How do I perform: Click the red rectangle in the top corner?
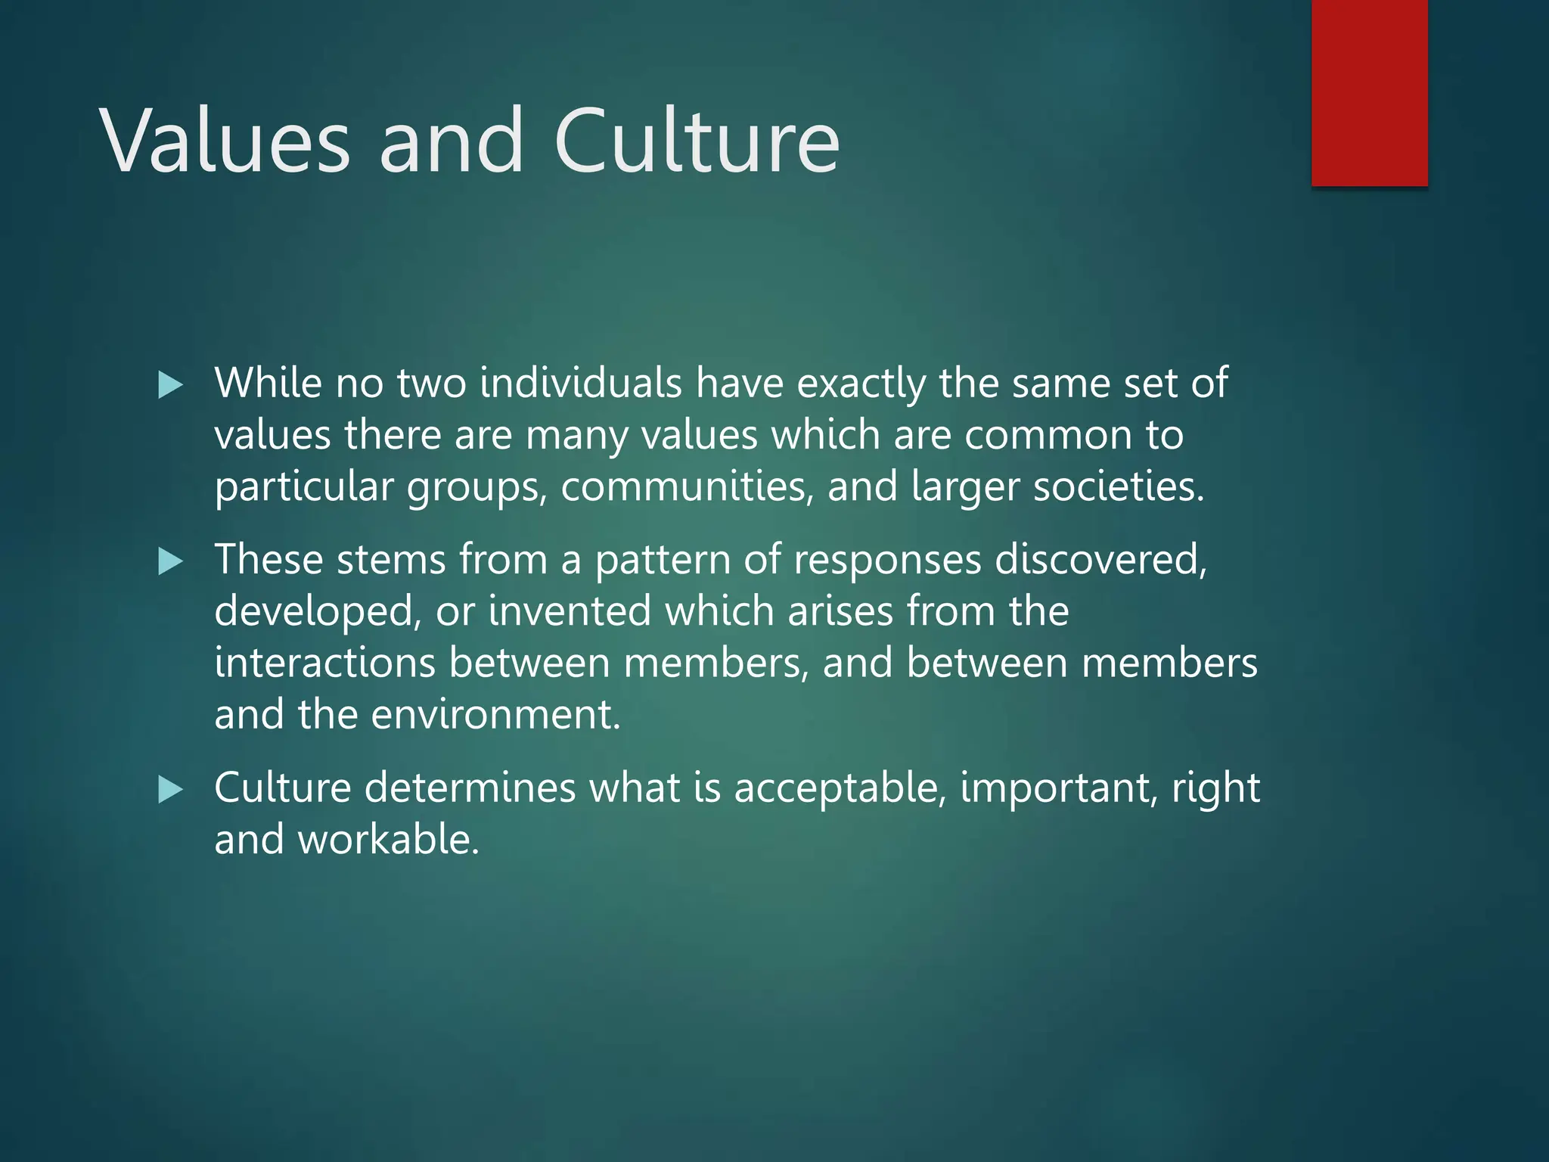pyautogui.click(x=1369, y=92)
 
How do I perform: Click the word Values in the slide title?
pyautogui.click(x=225, y=141)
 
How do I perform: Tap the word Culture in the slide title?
pyautogui.click(x=697, y=141)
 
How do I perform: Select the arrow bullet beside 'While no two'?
pyautogui.click(x=171, y=386)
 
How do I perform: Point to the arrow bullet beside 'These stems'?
pyautogui.click(x=171, y=562)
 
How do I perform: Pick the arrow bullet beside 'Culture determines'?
pyautogui.click(x=171, y=791)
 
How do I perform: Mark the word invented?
pyautogui.click(x=570, y=611)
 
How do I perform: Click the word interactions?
pyautogui.click(x=324, y=663)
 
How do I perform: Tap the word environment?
pyautogui.click(x=495, y=714)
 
